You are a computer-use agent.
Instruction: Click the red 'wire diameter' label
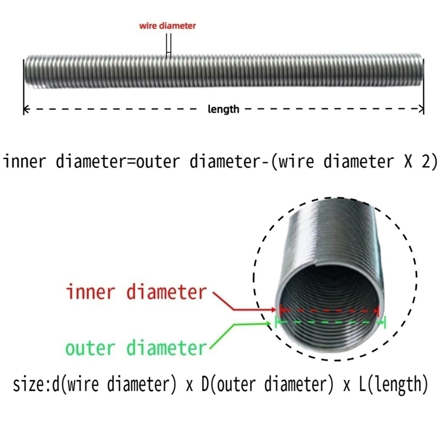(x=167, y=26)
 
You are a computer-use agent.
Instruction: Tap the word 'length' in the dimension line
(x=223, y=109)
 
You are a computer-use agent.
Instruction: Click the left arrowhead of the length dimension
(x=26, y=109)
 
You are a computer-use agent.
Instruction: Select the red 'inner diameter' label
(x=136, y=292)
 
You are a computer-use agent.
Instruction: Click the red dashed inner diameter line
(x=330, y=310)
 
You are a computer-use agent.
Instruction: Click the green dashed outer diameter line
(x=330, y=322)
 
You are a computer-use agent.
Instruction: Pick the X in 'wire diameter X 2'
(x=408, y=162)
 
